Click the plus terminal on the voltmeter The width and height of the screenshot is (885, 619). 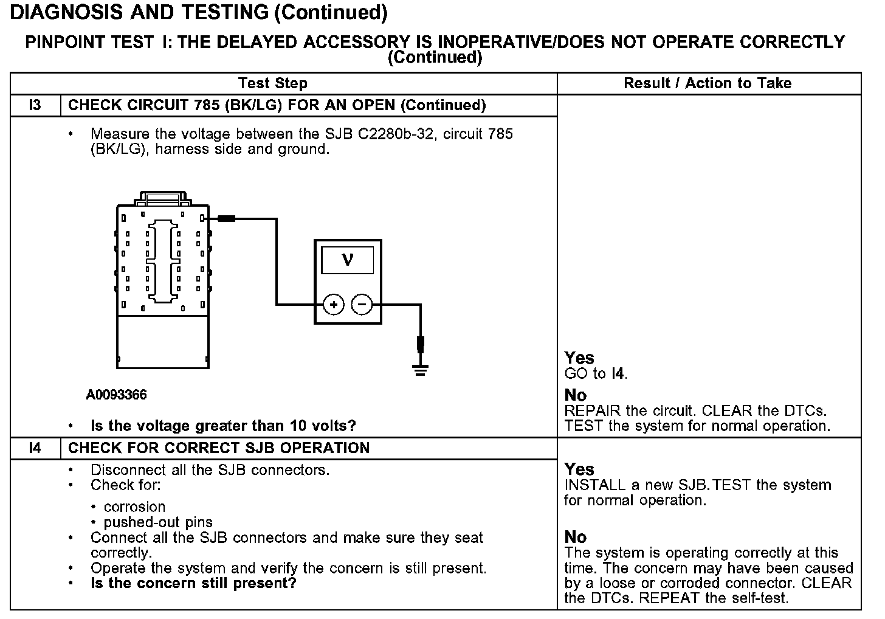[x=333, y=304]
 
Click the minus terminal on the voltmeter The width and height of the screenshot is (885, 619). [x=362, y=304]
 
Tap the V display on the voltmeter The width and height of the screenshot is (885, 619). [x=348, y=261]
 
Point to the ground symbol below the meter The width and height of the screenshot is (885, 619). [x=420, y=368]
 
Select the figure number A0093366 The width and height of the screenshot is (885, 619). [x=116, y=395]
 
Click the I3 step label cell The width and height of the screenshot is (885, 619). [x=35, y=105]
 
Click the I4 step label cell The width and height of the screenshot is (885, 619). [x=35, y=448]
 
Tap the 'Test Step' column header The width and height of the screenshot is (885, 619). [x=273, y=83]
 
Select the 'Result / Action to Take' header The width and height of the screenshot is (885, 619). [x=708, y=83]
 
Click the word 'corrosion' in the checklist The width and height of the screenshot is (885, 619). [x=134, y=507]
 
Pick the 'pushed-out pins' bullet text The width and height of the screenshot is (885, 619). [x=158, y=522]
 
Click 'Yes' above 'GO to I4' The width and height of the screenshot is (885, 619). [x=579, y=358]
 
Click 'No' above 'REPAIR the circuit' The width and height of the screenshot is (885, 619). [x=575, y=395]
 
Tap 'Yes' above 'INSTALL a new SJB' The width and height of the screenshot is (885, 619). [x=579, y=469]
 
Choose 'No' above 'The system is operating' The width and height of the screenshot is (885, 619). [x=575, y=537]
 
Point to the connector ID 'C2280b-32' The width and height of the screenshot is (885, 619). [x=396, y=134]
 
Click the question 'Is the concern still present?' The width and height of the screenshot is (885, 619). [x=193, y=584]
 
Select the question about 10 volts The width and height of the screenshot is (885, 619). [x=223, y=426]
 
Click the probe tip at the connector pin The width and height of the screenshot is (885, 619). [x=226, y=218]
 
